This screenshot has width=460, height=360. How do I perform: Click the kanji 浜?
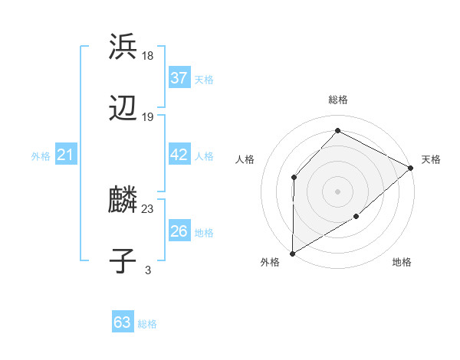tap(123, 46)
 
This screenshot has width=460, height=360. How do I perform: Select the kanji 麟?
tap(123, 199)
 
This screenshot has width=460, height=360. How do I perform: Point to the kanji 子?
tap(123, 261)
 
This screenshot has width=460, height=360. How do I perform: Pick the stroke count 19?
tap(148, 117)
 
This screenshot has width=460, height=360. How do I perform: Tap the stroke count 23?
tap(148, 208)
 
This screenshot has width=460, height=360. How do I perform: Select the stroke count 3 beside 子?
tap(148, 270)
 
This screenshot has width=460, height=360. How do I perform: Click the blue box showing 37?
tap(179, 78)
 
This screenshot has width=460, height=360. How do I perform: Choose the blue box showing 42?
tap(179, 155)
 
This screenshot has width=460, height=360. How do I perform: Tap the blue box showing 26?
tap(179, 231)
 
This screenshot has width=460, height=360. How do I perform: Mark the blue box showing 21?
tap(66, 155)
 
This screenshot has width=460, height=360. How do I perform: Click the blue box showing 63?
tap(123, 322)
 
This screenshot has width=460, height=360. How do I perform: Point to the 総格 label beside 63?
tap(147, 324)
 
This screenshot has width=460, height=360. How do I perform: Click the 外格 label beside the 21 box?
tap(41, 156)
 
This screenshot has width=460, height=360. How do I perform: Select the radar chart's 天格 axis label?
tap(431, 159)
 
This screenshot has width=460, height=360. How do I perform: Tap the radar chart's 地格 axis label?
tap(402, 263)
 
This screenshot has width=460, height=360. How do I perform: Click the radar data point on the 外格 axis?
tap(292, 253)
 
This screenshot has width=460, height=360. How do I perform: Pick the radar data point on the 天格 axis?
tap(411, 168)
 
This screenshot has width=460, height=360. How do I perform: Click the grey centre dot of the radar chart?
tap(337, 191)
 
